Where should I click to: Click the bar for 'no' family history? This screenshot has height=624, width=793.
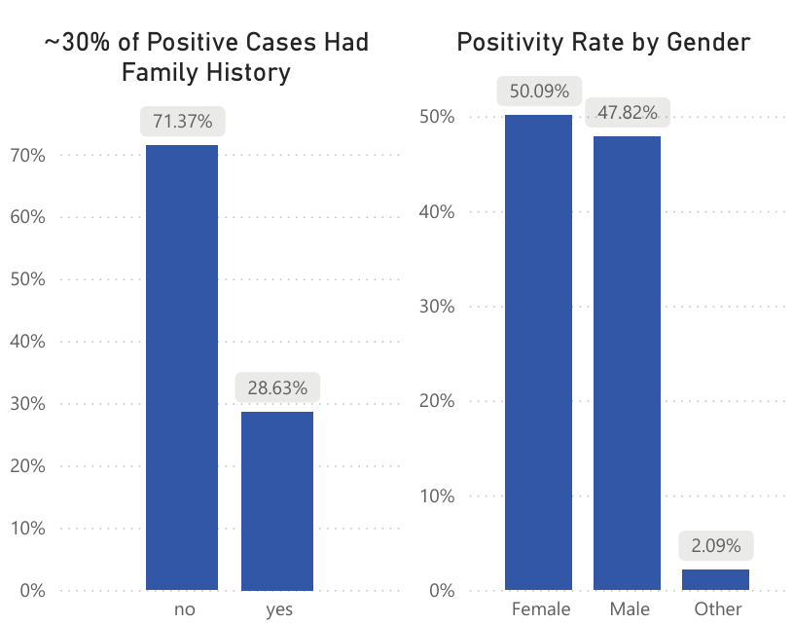(182, 368)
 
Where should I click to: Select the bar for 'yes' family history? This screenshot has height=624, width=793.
(277, 501)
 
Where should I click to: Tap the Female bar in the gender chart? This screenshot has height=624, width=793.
(538, 352)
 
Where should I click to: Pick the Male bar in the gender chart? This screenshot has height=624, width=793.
(627, 363)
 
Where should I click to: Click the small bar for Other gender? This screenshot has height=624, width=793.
(715, 579)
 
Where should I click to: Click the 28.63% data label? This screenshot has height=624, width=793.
(277, 387)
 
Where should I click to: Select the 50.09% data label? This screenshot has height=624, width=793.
(538, 92)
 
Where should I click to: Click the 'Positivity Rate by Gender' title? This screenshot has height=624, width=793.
(603, 43)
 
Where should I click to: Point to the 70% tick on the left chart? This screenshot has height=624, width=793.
(26, 155)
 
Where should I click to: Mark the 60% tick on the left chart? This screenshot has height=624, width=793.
(26, 217)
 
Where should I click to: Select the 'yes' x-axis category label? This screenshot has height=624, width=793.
(277, 609)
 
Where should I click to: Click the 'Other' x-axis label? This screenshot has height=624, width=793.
(718, 609)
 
